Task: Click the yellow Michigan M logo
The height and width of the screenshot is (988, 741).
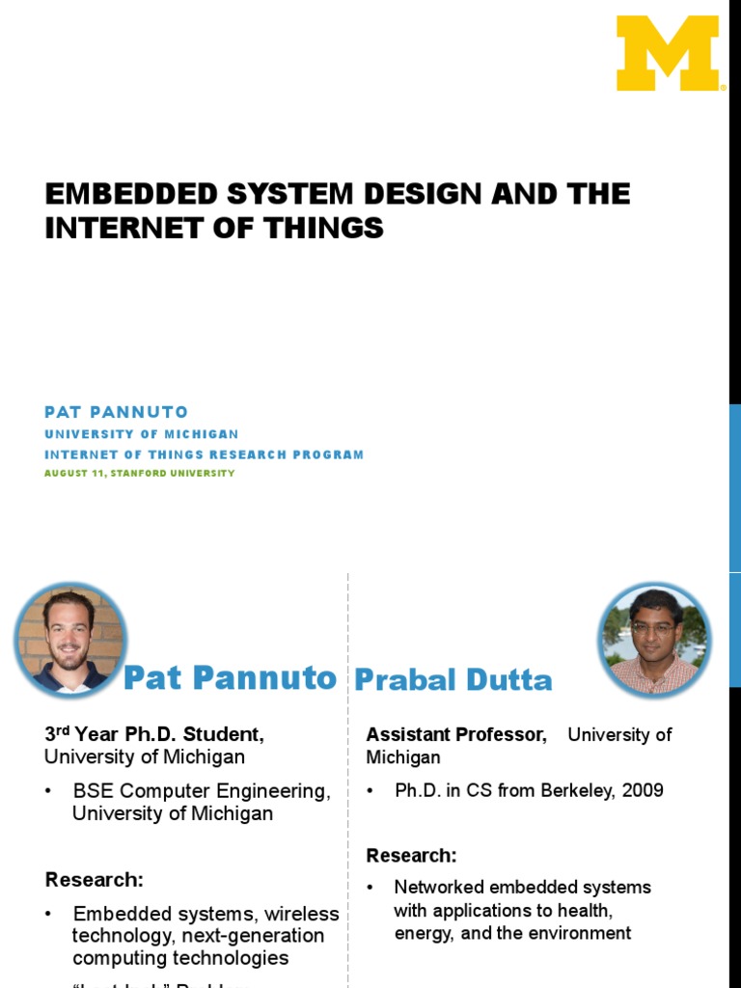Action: point(670,53)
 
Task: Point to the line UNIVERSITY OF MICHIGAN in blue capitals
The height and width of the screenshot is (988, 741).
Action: point(141,434)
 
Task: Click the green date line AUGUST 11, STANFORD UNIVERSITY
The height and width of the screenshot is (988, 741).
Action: point(139,473)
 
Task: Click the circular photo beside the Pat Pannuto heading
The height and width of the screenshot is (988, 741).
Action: point(70,639)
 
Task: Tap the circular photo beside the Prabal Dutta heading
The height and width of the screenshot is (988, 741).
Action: point(654,639)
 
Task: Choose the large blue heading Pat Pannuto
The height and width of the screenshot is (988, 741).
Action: point(230,677)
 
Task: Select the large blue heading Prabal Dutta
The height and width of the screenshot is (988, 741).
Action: point(453,680)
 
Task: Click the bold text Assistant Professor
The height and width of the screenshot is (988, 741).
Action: point(455,734)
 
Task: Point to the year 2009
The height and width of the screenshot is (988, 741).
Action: point(644,790)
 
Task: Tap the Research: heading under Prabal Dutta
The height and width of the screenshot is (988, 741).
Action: point(411,855)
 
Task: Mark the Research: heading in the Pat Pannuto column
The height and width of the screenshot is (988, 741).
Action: point(94,880)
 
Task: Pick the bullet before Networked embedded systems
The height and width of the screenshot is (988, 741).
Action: point(370,888)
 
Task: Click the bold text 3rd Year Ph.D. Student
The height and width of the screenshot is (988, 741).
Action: point(154,734)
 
